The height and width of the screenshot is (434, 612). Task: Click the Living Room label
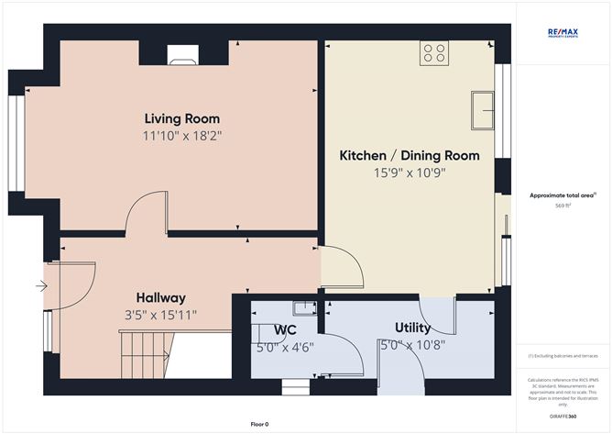point(181,119)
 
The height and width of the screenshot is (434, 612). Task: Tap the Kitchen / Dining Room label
point(410,156)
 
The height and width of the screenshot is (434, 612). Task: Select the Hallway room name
point(160,298)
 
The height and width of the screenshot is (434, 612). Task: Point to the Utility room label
point(412,328)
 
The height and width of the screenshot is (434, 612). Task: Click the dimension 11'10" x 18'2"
point(181,136)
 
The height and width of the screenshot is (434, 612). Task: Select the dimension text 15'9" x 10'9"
point(410,172)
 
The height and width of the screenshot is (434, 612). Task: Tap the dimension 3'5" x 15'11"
point(161,315)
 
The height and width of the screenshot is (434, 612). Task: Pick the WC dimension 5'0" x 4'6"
point(285,346)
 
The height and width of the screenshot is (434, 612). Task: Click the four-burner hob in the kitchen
point(433,54)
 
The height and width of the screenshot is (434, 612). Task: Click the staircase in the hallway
point(147,353)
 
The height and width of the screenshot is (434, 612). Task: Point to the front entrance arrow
point(41,286)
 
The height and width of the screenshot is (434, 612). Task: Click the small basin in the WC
point(300,308)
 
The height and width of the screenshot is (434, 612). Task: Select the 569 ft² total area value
point(563,206)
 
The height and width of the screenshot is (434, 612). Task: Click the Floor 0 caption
point(259,424)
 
